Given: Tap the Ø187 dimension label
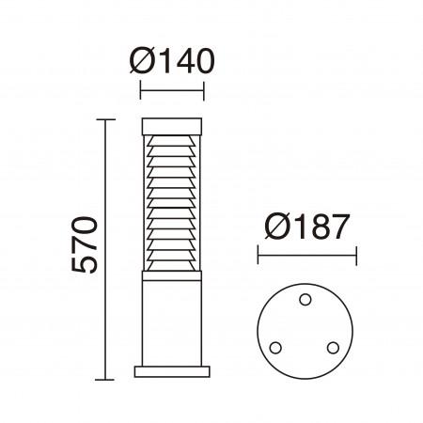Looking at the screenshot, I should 306,226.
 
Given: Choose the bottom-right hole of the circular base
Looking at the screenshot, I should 333,347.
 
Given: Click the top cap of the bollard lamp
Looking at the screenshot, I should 171,125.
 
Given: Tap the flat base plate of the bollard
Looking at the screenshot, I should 171,370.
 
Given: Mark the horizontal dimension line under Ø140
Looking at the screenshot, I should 171,91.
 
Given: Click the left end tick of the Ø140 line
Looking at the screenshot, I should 140,91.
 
